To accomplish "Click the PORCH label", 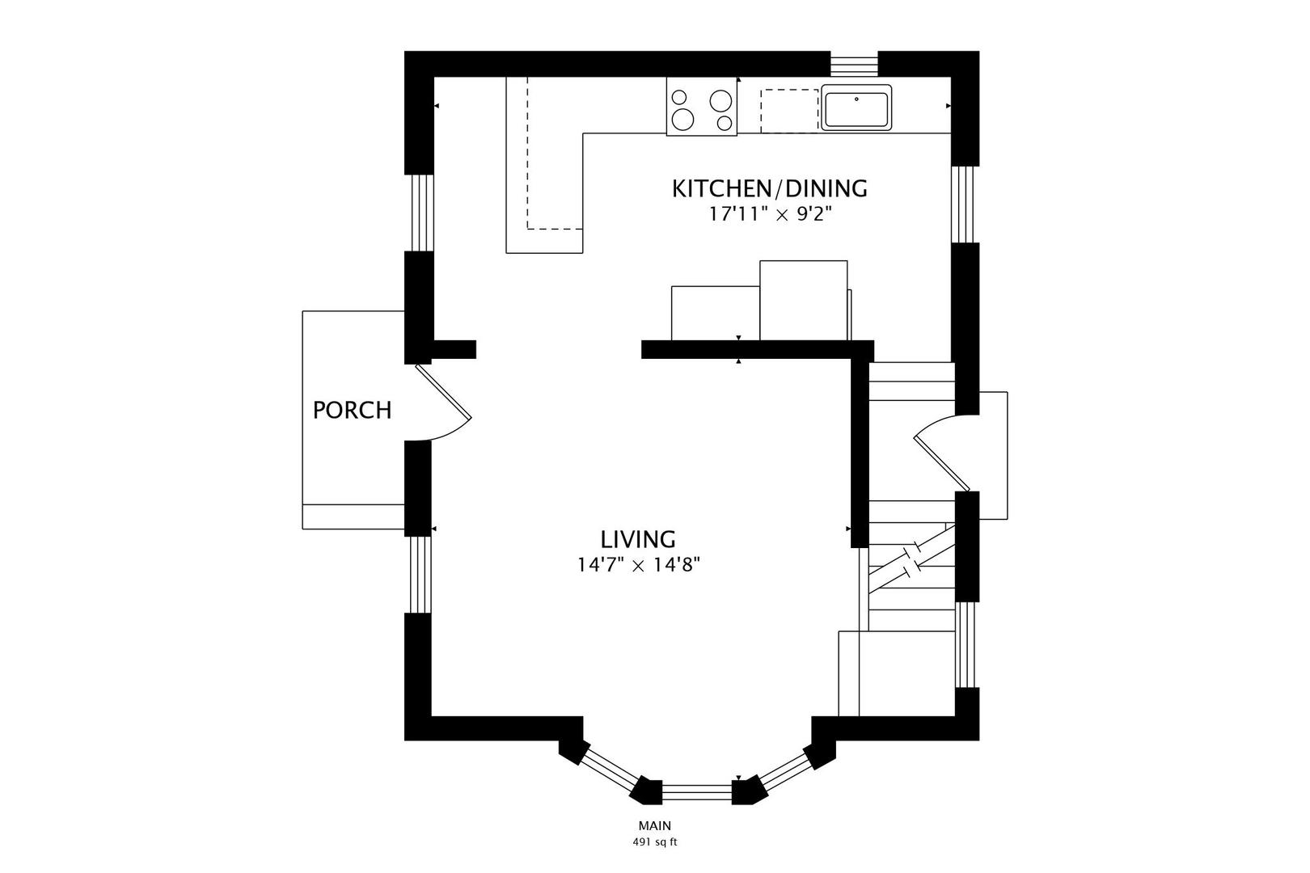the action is click(x=352, y=411).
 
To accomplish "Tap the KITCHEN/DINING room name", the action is click(x=770, y=189).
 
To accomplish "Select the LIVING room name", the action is click(x=638, y=538).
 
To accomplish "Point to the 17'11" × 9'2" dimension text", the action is click(x=770, y=214).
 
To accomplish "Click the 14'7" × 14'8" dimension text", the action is click(x=639, y=565).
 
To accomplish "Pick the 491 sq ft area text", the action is click(x=655, y=842).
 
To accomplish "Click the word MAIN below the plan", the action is click(x=655, y=826).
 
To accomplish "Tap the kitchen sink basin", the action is click(x=856, y=107).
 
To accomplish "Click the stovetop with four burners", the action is click(x=702, y=107).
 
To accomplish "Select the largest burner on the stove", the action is click(x=682, y=120).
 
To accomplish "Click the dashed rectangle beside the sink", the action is click(x=789, y=111).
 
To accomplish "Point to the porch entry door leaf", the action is click(x=443, y=392).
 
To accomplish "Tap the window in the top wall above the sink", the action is click(x=855, y=64).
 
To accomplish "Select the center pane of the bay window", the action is click(x=697, y=791).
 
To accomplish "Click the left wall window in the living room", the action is click(x=420, y=575).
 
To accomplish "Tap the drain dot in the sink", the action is click(x=857, y=99).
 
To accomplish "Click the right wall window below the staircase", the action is click(x=966, y=645).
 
